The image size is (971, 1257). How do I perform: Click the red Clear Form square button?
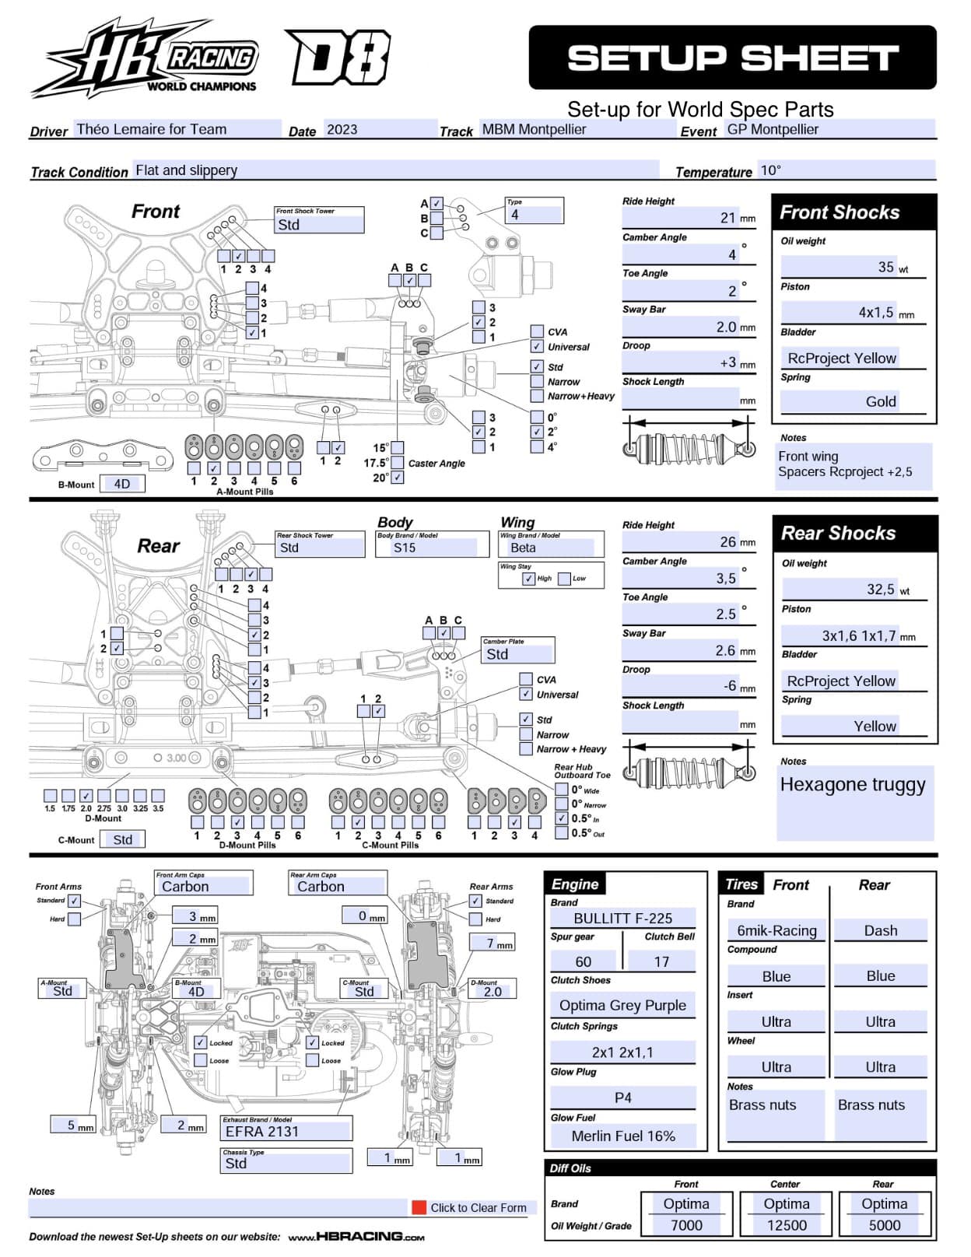click(419, 1207)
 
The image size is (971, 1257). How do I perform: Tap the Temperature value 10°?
click(770, 170)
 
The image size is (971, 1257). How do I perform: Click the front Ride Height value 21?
click(727, 218)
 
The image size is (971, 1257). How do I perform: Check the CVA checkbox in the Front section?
click(537, 331)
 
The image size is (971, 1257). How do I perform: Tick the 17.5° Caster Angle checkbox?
click(398, 462)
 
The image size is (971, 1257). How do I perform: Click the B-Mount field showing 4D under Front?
click(122, 484)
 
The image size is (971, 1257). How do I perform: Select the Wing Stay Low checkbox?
click(564, 579)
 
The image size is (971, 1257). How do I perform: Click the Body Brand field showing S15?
click(405, 548)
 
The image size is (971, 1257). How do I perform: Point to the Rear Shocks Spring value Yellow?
click(875, 726)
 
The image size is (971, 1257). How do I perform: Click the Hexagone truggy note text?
click(853, 784)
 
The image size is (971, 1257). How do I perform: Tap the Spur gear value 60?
click(583, 961)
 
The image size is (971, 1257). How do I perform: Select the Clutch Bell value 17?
click(661, 961)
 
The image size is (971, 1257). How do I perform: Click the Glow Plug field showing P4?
click(623, 1098)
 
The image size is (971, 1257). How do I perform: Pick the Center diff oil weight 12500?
click(787, 1225)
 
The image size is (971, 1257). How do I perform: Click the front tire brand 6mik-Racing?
click(776, 930)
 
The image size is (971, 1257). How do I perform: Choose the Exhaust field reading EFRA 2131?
click(262, 1131)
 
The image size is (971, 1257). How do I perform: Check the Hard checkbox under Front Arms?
click(74, 919)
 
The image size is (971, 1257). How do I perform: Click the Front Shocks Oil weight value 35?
click(885, 267)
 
